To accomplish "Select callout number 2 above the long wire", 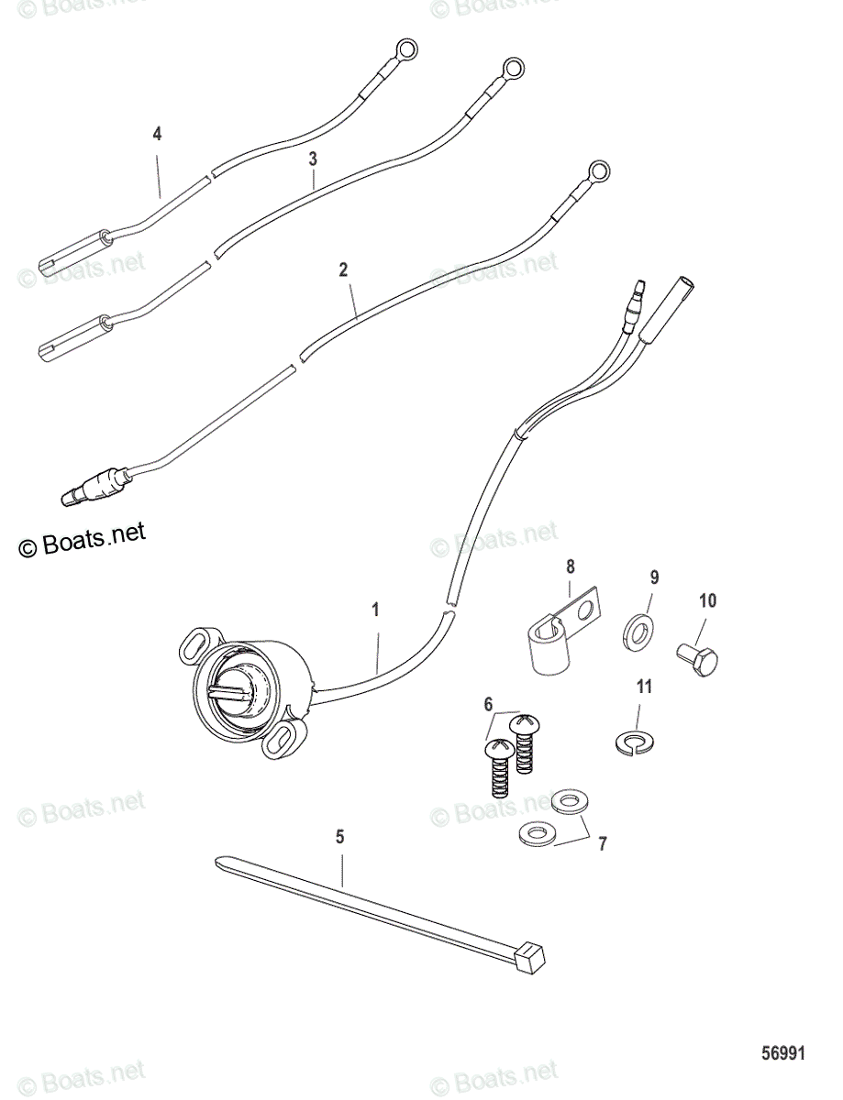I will (x=343, y=269).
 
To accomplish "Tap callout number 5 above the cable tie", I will (x=340, y=836).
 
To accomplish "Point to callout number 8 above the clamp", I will (x=569, y=566).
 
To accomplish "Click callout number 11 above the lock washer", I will (x=645, y=687).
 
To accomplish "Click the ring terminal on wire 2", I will (x=598, y=170).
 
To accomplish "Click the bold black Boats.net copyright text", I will (x=83, y=540).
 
